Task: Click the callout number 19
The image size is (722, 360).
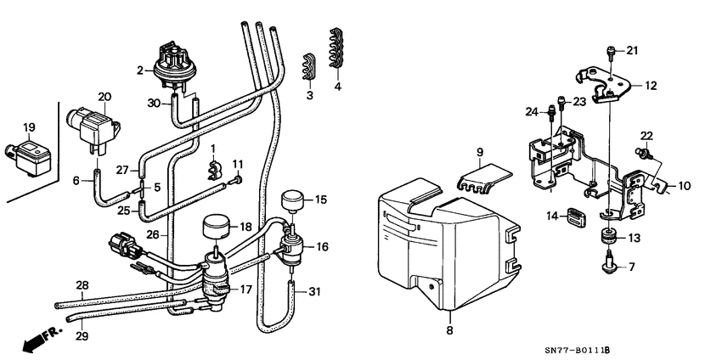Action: coord(28,128)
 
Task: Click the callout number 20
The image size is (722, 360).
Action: coord(104,97)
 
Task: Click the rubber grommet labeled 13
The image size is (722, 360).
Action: coord(609,237)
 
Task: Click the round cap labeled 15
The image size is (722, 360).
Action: coord(291,202)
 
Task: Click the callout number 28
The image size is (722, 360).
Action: coord(82,284)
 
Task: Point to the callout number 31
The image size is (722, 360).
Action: coord(314,294)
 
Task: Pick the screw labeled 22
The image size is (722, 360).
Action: coord(643,154)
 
